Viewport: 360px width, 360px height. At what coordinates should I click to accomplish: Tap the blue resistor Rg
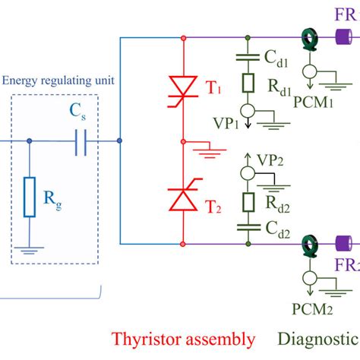click(x=29, y=197)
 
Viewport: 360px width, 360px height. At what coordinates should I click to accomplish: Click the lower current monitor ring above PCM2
click(x=309, y=245)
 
